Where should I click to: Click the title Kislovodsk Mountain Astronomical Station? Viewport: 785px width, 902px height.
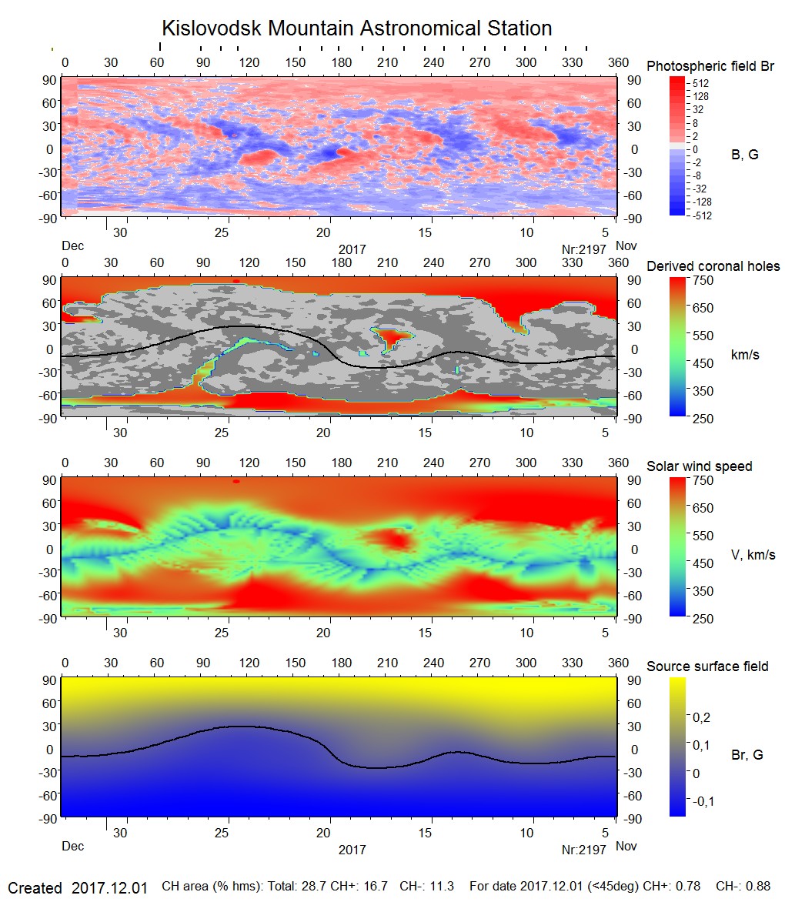coord(356,28)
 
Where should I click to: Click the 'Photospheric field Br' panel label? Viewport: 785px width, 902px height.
coord(710,66)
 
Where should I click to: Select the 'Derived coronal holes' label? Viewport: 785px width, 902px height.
coord(713,266)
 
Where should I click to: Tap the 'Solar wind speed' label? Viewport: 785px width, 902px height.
coord(699,466)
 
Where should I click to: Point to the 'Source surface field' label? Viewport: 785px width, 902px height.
coord(707,666)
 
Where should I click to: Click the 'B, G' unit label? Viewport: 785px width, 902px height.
coord(744,155)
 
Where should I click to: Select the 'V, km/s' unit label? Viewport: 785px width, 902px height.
coord(753,555)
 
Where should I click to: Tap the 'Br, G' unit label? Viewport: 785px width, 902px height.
coord(747,755)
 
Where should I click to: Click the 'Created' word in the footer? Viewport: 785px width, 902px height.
coord(35,888)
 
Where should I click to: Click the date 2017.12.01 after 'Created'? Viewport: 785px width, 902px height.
coord(109,888)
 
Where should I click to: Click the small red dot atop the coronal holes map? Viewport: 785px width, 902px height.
coord(235,281)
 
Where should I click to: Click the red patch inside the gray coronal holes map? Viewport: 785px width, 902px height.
coord(393,337)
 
